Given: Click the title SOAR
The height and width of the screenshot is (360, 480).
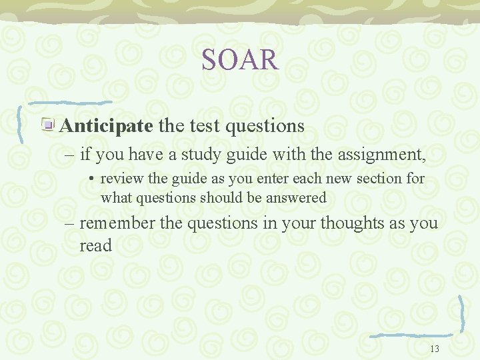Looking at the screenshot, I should [x=240, y=59].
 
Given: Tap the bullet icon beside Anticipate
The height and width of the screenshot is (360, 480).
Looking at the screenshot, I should [x=49, y=125].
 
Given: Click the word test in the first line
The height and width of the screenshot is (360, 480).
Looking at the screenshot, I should [x=203, y=125].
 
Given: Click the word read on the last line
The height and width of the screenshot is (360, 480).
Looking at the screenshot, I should [x=96, y=246].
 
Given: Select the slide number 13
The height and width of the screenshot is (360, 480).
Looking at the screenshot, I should [x=435, y=348].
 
